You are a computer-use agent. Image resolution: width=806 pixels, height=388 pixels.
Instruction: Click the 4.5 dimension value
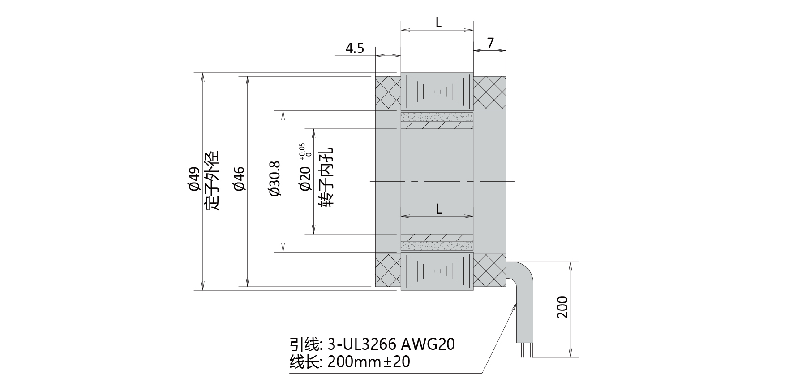pos(355,48)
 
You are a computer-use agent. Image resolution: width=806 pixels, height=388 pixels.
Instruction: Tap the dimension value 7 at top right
pos(490,43)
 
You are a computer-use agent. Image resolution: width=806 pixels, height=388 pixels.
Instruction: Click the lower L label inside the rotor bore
pos(438,209)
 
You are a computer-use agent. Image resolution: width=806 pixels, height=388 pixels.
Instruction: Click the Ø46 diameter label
pos(239,179)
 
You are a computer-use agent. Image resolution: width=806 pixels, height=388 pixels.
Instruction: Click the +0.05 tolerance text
pos(302,151)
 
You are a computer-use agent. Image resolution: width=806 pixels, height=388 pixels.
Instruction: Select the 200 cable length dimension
pos(562,307)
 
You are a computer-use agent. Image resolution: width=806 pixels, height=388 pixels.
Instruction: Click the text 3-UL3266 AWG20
pos(391,344)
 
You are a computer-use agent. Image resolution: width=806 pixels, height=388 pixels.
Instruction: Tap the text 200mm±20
pos(369,362)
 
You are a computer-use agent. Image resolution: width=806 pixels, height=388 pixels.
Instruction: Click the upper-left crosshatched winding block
pos(388,92)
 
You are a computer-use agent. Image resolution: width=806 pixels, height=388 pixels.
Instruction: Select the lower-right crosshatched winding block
pos(489,270)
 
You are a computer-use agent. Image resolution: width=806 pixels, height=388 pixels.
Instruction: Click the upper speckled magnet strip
pos(437,117)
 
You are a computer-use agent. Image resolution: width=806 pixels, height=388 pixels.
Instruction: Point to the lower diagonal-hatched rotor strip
pos(437,237)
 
